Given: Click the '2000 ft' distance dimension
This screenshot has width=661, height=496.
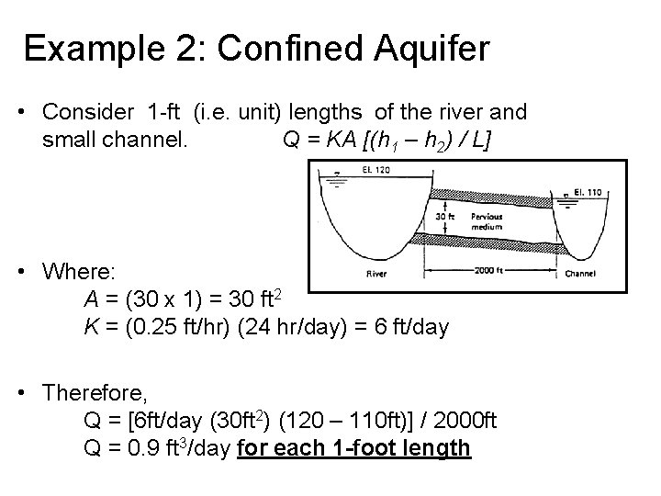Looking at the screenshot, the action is tap(487, 270).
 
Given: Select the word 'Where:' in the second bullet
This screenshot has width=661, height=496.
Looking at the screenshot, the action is tap(79, 273).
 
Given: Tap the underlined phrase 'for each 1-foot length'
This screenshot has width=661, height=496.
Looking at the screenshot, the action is tap(353, 448).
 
